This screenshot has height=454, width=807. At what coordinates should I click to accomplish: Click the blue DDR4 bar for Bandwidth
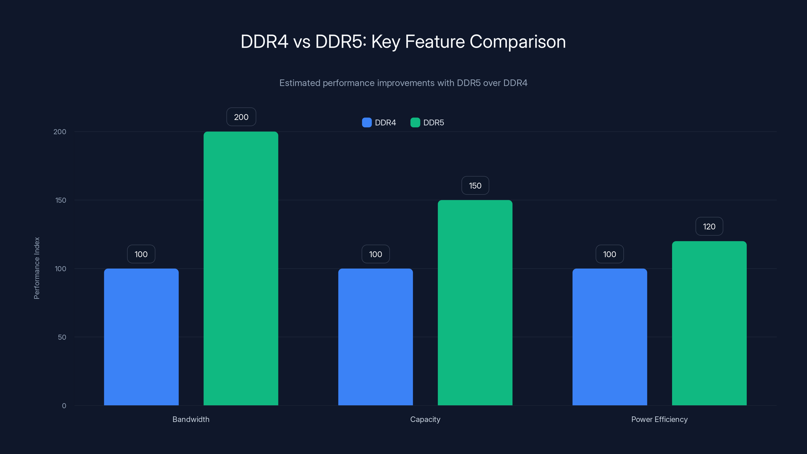141,337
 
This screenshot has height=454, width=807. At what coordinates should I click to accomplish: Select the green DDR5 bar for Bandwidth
241,269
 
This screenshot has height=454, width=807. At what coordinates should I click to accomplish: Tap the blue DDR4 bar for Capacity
375,337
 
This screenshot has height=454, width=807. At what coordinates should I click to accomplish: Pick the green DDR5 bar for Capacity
475,303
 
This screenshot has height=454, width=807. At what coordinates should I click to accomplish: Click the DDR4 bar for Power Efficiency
610,337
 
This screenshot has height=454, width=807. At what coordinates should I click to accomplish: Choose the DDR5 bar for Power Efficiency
709,323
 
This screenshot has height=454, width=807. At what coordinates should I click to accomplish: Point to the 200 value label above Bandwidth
241,117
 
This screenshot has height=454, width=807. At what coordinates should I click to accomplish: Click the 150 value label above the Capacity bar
475,185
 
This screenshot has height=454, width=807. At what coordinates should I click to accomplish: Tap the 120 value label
709,226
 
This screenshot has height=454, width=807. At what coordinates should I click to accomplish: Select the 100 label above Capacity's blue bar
375,254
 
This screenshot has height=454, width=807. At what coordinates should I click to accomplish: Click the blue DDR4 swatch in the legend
366,123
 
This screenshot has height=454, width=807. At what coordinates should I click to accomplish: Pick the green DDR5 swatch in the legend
415,123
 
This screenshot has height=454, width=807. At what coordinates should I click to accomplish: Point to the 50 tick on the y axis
62,337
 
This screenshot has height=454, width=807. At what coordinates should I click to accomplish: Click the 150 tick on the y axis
61,200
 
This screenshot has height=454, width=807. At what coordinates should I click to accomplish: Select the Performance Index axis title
37,268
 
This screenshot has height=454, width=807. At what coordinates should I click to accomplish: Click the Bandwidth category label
191,419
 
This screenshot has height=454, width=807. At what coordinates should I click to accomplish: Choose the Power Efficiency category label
659,419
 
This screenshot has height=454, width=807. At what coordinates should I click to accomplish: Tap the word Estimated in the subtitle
300,83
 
